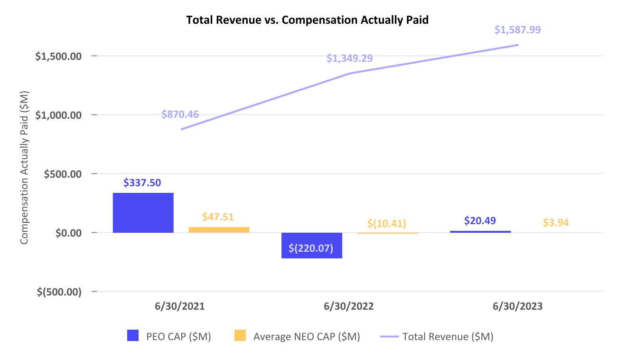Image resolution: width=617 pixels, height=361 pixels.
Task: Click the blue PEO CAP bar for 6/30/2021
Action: (x=143, y=213)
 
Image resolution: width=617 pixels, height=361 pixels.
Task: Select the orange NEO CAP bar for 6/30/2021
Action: (x=219, y=230)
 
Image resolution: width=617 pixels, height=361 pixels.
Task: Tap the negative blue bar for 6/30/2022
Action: (x=312, y=246)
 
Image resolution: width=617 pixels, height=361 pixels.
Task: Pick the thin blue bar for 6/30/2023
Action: (x=480, y=232)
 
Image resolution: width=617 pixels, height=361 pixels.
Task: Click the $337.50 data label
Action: (x=142, y=183)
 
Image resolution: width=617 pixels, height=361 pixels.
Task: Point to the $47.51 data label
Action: (x=218, y=217)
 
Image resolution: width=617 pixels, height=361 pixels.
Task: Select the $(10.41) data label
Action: (x=387, y=223)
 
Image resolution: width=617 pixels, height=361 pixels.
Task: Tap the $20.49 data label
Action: (x=480, y=220)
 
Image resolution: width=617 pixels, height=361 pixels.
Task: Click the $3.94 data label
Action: (x=556, y=222)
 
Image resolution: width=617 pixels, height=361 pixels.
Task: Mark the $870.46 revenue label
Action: (x=180, y=114)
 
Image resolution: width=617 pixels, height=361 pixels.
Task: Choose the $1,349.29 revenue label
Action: (x=349, y=58)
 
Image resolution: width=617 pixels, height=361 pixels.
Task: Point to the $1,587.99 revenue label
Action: (x=517, y=29)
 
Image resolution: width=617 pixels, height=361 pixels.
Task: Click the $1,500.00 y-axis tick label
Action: (x=58, y=56)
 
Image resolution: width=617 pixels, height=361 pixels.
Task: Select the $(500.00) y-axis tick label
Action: (x=59, y=292)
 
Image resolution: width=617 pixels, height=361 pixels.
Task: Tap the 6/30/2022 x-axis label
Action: (x=349, y=306)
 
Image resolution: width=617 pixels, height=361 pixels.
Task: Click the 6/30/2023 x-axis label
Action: (x=517, y=306)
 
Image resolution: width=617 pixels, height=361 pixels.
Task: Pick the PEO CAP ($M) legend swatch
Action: (x=133, y=335)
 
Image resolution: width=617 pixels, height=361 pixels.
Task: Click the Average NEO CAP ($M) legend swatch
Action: (x=240, y=335)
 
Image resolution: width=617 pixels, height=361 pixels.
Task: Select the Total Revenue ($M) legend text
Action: (x=448, y=336)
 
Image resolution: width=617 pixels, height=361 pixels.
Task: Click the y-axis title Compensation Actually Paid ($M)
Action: (x=24, y=168)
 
